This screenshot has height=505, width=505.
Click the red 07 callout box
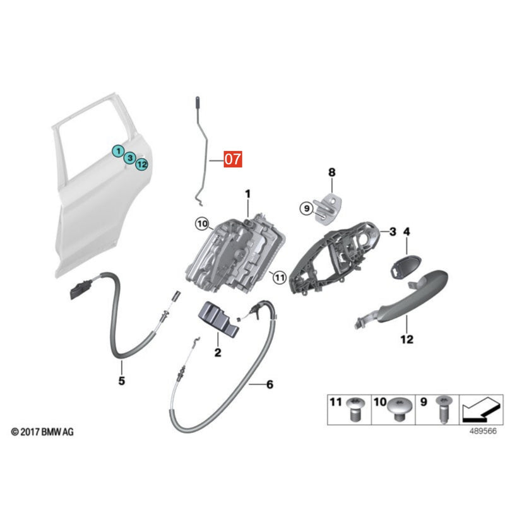(x=233, y=159)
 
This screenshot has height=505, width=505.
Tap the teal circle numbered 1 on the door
(x=119, y=151)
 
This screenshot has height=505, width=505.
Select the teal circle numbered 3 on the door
(x=130, y=158)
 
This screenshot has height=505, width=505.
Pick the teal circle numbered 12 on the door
(x=141, y=165)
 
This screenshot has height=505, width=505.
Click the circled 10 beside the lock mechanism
(x=202, y=223)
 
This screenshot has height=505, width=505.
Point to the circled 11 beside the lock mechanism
(x=280, y=277)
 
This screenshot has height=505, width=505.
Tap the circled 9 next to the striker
(x=307, y=208)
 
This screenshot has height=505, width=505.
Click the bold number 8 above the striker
(x=332, y=172)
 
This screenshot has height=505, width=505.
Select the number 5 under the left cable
(x=121, y=381)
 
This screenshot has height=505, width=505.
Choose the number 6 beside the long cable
(x=270, y=384)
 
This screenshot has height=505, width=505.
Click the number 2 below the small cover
(x=218, y=352)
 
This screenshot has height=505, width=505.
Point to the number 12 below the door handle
(x=407, y=339)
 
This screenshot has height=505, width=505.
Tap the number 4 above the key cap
(x=407, y=232)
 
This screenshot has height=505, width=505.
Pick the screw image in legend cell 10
(x=399, y=408)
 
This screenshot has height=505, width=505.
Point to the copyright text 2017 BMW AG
(x=42, y=432)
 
